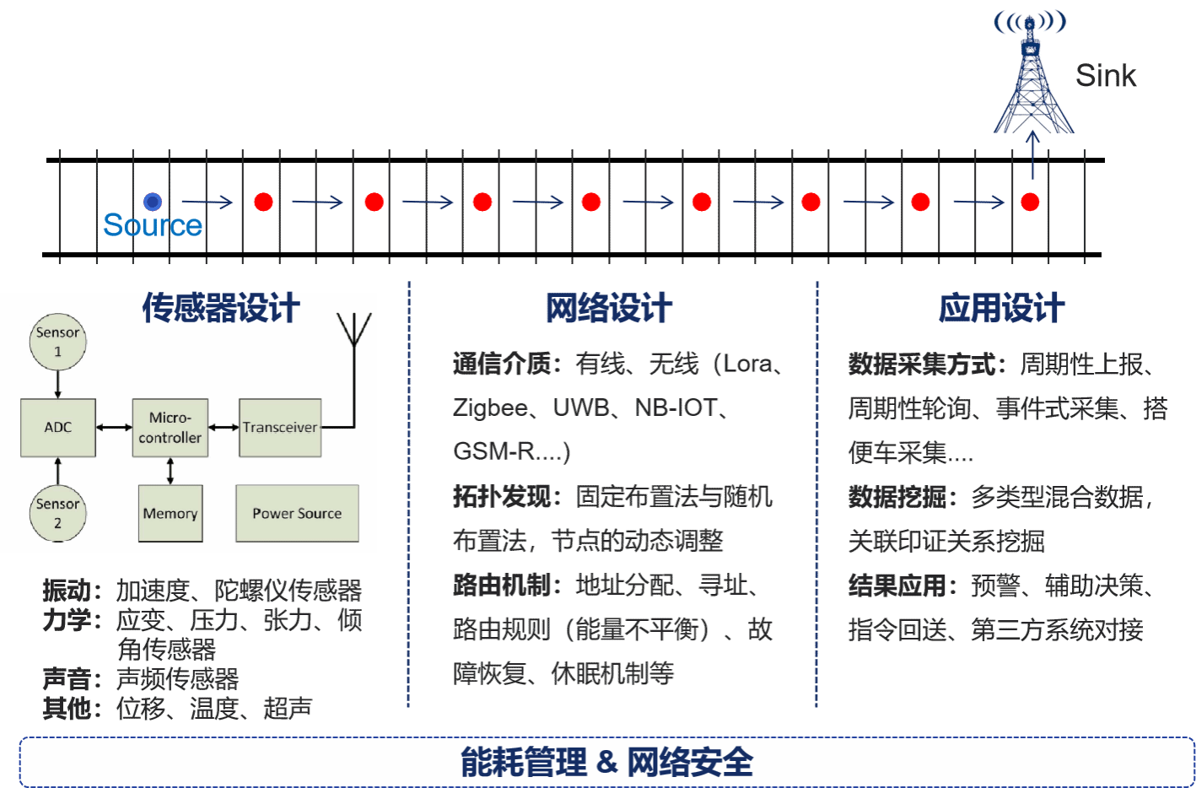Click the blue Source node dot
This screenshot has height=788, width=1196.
point(152,202)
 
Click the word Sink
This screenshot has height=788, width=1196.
point(1106,76)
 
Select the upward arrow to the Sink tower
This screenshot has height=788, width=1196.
point(1033,156)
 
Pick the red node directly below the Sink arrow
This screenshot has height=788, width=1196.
point(1030,202)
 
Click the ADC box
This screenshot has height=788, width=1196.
point(58,428)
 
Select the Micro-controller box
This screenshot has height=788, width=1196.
point(170,428)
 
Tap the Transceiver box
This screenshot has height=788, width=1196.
point(280,428)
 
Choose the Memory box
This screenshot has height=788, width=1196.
point(170,513)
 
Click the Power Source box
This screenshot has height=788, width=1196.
point(297,513)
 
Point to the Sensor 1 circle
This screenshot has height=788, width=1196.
point(57,342)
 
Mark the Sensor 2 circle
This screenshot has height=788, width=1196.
point(57,513)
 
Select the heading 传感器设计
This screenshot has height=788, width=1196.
point(221,308)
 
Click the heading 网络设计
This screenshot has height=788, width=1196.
point(608,308)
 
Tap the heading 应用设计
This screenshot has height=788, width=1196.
point(1002,308)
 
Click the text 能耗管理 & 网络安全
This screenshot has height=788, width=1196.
point(606,762)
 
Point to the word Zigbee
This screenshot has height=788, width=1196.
point(490,408)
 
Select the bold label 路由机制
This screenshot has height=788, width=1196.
point(502,585)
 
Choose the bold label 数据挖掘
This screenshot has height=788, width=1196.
point(897,497)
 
